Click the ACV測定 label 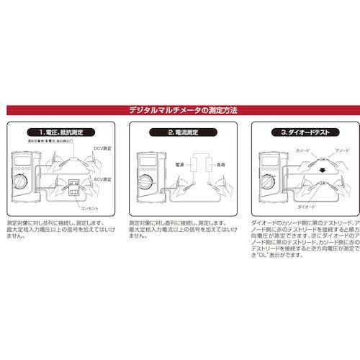[102, 179]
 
